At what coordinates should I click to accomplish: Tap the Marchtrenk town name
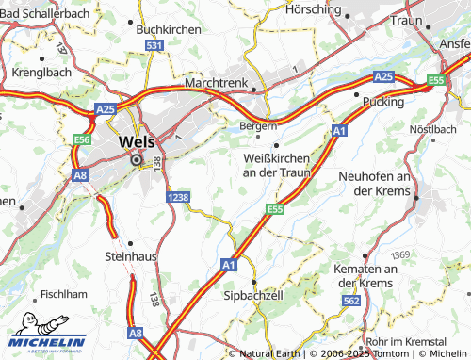tap(217, 83)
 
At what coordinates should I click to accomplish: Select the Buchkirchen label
tap(169, 29)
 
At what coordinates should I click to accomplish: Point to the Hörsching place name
tap(313, 8)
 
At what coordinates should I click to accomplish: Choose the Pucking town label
tap(383, 100)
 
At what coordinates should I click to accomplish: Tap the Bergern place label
tap(257, 125)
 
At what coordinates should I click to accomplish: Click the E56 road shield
tap(82, 139)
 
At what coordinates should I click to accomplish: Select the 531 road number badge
tap(155, 45)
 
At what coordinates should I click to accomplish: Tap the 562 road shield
tap(351, 300)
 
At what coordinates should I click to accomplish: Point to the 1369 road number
tap(401, 255)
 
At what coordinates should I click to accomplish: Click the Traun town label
tap(406, 20)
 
